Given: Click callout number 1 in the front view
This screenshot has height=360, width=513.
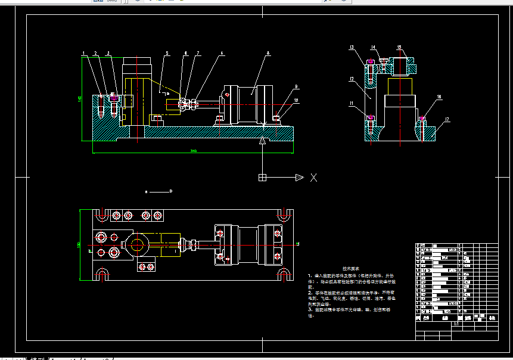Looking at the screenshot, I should [x=84, y=54].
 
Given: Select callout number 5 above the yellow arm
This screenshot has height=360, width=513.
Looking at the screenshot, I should [x=167, y=54].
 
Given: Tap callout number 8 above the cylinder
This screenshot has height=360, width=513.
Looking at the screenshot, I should [x=268, y=54].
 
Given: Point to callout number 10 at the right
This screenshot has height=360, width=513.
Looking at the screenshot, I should [x=296, y=100].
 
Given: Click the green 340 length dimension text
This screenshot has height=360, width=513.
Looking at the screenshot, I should [x=193, y=151].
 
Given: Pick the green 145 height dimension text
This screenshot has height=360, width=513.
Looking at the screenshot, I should [x=80, y=99].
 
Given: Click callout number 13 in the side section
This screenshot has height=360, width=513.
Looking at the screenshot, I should [x=352, y=47].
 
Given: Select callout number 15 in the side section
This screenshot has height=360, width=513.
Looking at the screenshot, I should [x=399, y=47].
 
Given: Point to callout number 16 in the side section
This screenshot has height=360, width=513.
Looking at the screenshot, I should [x=439, y=97].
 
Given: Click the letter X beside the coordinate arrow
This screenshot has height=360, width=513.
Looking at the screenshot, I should [x=313, y=178].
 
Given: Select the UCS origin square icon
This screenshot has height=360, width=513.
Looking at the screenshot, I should [x=262, y=178].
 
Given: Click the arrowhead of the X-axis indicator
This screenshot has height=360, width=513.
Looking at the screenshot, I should [x=300, y=178].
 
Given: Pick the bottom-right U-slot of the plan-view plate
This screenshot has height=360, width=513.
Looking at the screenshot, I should [x=285, y=274].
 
